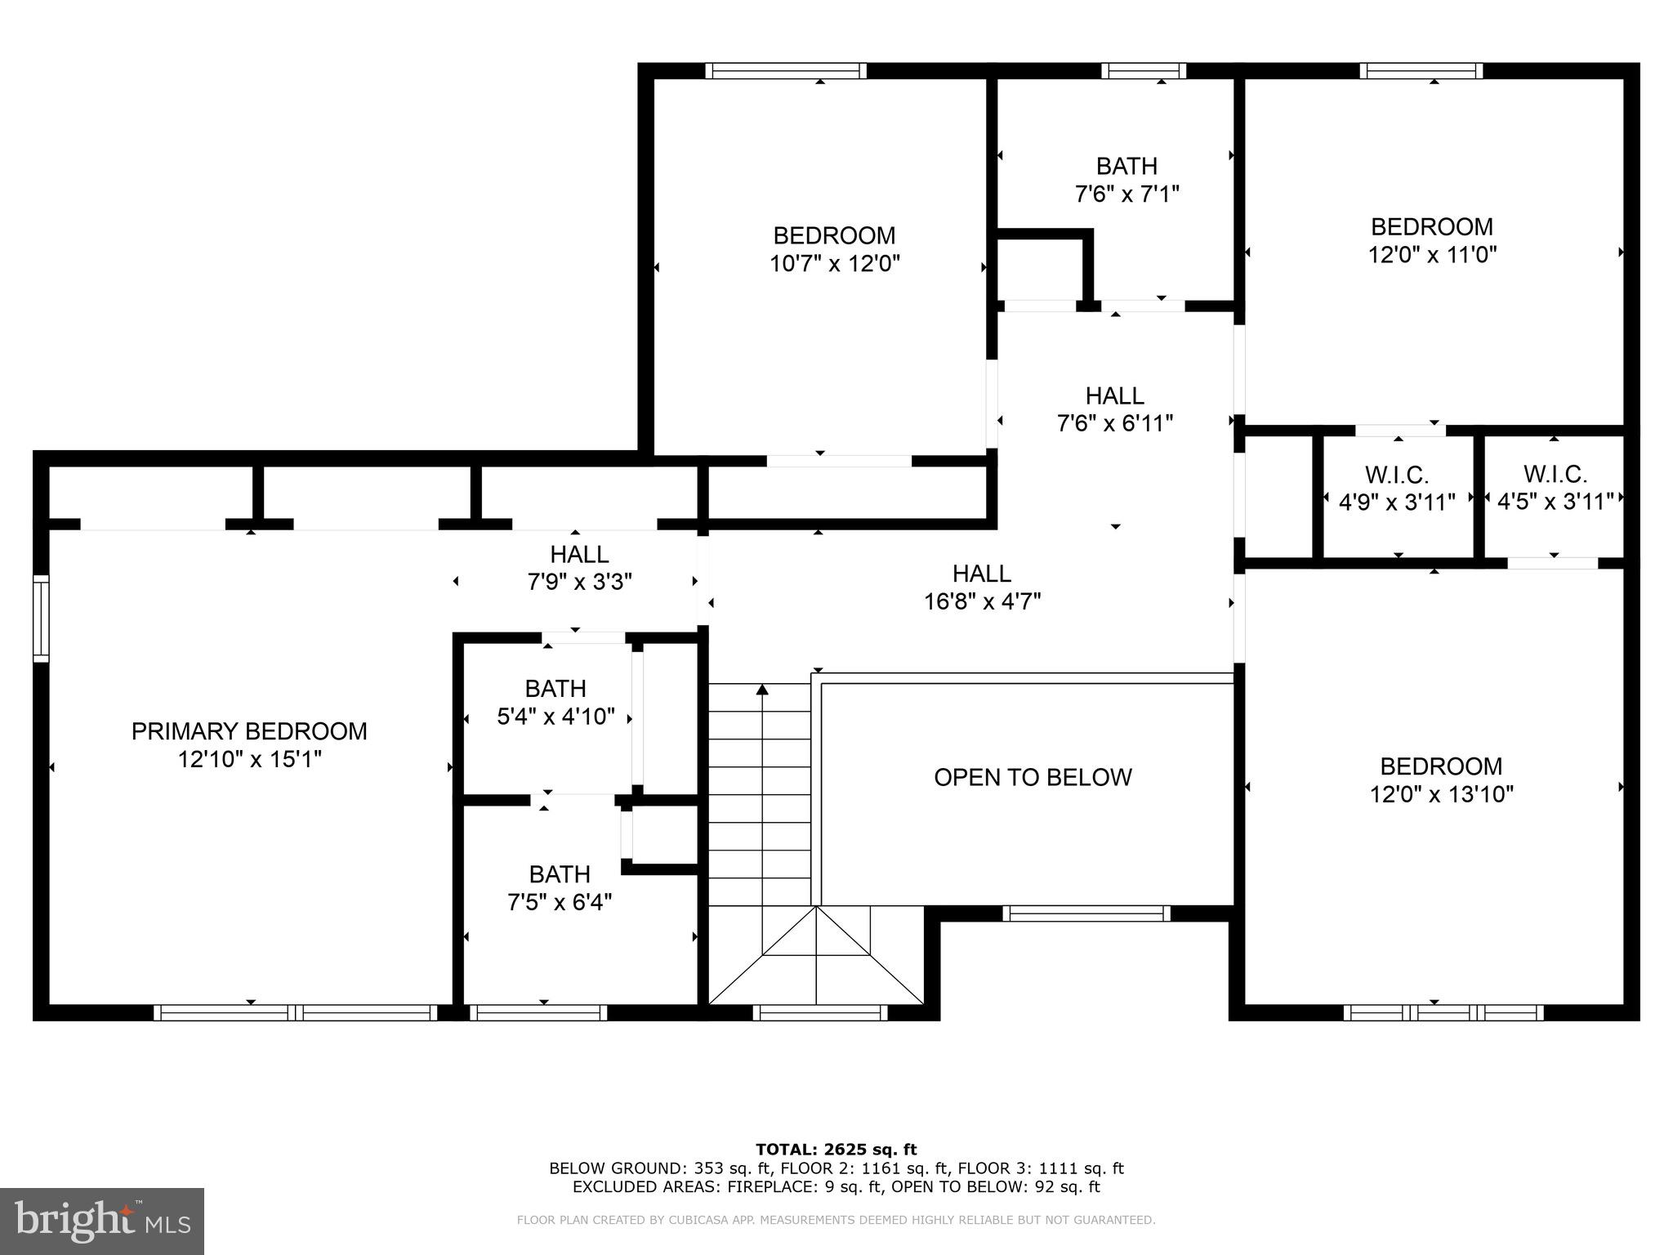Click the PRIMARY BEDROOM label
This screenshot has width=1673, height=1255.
249,730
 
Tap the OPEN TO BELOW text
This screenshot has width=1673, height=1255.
1033,777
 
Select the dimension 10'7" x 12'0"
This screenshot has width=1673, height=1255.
835,264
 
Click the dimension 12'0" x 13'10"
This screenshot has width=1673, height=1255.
1442,794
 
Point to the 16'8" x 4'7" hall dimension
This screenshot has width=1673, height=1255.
982,602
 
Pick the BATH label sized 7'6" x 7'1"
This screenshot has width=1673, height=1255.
1126,166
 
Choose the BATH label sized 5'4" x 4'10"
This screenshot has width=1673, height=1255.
555,688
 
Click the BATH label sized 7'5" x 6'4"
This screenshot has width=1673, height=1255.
560,874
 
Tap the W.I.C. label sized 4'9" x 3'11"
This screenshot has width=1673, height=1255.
1397,474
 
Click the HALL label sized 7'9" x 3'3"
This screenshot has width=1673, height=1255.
579,554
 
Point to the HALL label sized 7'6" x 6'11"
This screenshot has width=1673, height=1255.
1115,395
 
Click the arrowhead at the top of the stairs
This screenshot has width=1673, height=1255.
762,690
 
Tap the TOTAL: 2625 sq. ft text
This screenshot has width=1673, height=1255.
836,1150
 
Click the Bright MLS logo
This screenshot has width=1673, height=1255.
102,1221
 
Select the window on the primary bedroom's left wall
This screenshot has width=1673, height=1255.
41,618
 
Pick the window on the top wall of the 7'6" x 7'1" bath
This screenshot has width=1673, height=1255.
1143,71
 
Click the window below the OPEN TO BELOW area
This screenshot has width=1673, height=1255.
1086,913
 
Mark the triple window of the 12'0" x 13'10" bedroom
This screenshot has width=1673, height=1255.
1443,1013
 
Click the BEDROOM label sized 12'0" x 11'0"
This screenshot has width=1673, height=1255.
1432,226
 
